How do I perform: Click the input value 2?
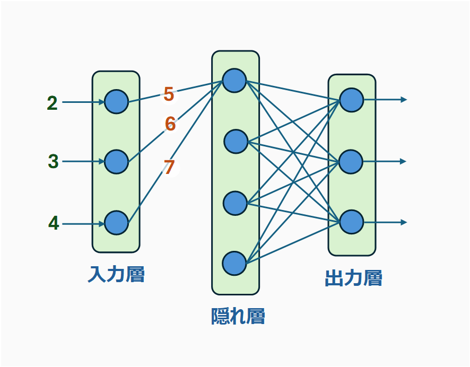point(52,103)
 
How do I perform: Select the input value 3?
point(53,161)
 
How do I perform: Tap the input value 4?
point(54,223)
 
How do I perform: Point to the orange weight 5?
point(169,94)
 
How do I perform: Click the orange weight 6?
point(170,124)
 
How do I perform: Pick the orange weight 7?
point(169,167)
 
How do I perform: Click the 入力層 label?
point(116,275)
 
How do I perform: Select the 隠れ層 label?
point(238,317)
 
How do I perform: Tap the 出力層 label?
point(353,278)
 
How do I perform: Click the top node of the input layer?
point(117,101)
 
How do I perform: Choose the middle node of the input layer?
point(117,162)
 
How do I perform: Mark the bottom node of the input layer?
point(117,223)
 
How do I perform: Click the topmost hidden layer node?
point(234,80)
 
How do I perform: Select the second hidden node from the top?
point(236,142)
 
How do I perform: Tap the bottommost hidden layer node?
point(234,263)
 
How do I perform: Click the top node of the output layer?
point(352,100)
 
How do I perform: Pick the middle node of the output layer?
point(351,161)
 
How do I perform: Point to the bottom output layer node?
point(352,222)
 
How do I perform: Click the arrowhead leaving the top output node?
point(404,99)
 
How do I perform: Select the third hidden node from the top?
point(235,203)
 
